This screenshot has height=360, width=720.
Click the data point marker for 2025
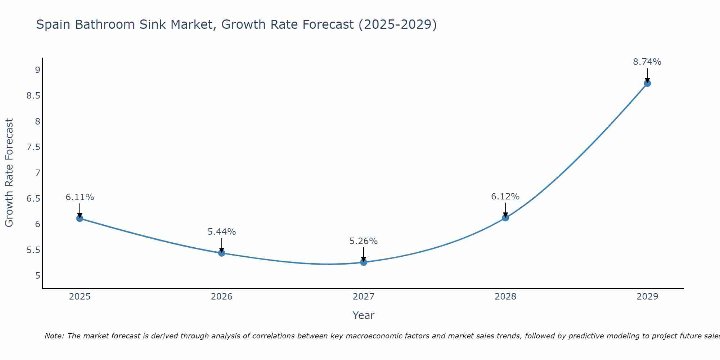(80, 218)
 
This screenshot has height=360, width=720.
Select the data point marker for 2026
(221, 253)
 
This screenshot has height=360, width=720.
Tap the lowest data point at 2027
(363, 262)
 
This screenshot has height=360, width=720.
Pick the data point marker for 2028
(505, 218)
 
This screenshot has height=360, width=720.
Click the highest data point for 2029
(647, 83)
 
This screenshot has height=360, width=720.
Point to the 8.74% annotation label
(647, 62)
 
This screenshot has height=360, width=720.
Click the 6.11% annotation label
(80, 197)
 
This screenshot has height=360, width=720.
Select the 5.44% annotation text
(221, 232)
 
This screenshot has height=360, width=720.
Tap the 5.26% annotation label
(363, 241)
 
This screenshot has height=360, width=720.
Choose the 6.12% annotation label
(505, 197)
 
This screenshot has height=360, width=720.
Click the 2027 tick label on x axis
(363, 297)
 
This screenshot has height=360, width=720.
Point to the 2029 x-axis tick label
(647, 297)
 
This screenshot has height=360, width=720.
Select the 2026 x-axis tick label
(221, 297)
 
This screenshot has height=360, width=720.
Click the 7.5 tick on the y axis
(33, 147)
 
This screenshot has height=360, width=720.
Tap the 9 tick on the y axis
(37, 70)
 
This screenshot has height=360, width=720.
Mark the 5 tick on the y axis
(37, 276)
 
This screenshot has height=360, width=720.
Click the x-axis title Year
(363, 315)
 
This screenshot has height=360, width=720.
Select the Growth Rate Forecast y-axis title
(9, 173)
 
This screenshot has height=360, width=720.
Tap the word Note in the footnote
(54, 336)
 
